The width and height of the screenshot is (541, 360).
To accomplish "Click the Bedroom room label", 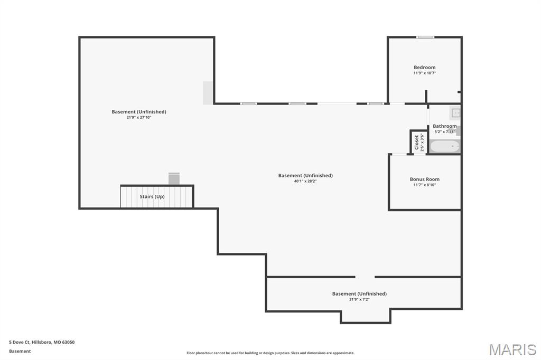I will [424, 68].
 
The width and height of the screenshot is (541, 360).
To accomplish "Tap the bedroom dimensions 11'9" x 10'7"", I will [424, 73].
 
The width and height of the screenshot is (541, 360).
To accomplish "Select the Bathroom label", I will [444, 126].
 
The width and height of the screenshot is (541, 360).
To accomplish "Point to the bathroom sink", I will [455, 112].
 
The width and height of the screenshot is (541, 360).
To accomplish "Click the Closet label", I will [417, 142].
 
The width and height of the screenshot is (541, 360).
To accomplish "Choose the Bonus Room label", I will [424, 179].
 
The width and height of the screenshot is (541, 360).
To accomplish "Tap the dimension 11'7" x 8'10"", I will [424, 185].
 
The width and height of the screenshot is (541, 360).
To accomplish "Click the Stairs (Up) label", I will [152, 196].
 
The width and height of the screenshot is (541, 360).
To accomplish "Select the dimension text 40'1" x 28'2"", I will [305, 181].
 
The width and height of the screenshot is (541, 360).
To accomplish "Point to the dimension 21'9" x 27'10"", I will [138, 117].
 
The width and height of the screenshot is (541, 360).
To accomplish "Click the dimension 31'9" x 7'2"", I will [359, 299].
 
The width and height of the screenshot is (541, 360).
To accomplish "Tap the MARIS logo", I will [512, 349].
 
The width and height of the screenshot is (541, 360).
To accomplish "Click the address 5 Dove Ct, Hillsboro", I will [42, 342].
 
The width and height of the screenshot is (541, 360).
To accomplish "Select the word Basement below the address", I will [20, 351].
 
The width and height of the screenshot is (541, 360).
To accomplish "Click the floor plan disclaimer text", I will [270, 353].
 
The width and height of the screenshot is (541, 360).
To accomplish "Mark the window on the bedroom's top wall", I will [425, 37].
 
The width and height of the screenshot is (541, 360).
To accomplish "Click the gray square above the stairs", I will [174, 178].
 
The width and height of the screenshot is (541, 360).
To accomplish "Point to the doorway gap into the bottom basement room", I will [365, 277].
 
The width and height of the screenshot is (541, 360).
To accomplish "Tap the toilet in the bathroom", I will [458, 131].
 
